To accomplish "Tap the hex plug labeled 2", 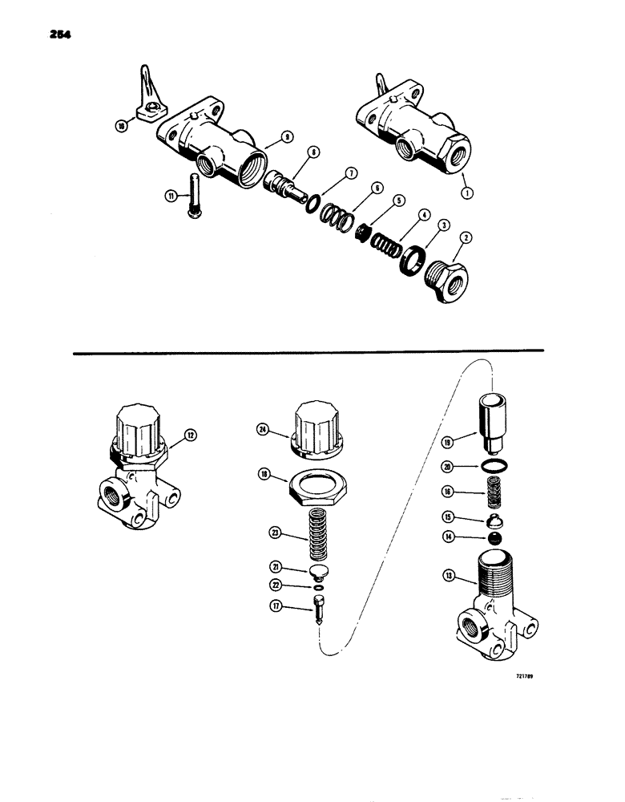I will click(x=442, y=282).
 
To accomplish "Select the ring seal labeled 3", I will click(x=412, y=262).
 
